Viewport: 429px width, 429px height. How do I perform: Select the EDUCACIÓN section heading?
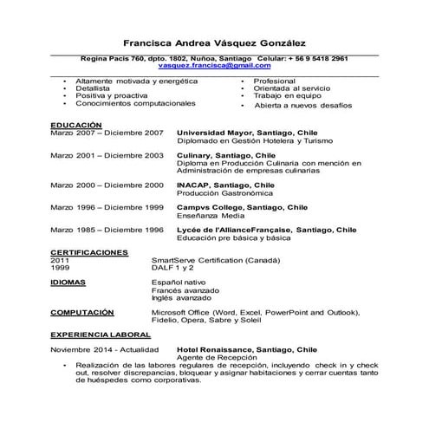[x=76, y=125]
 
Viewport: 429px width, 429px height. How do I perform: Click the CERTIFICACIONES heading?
[x=89, y=252]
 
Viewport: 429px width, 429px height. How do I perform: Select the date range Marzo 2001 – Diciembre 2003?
[x=107, y=155]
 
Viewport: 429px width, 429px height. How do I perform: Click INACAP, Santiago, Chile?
[x=225, y=185]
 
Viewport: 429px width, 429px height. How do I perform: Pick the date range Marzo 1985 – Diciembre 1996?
[x=107, y=230]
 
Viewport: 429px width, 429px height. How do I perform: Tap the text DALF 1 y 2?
[x=173, y=268]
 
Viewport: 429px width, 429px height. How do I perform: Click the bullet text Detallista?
[x=93, y=88]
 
